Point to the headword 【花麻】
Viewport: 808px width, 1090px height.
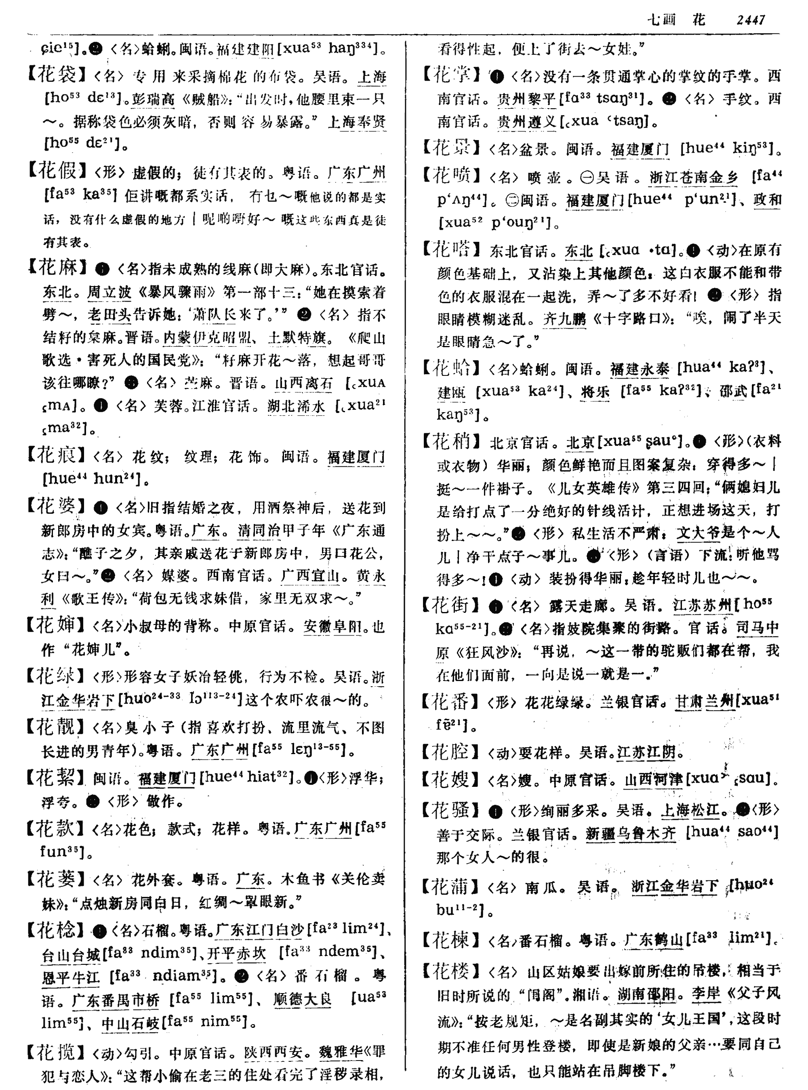click(57, 267)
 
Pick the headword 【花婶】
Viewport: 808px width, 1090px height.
click(57, 625)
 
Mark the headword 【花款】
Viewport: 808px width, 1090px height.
click(57, 828)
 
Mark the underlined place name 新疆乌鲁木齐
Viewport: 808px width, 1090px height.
click(631, 833)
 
